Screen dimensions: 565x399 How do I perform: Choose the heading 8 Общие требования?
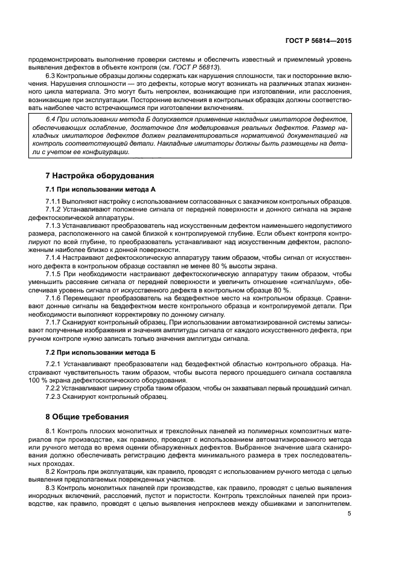87,416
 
